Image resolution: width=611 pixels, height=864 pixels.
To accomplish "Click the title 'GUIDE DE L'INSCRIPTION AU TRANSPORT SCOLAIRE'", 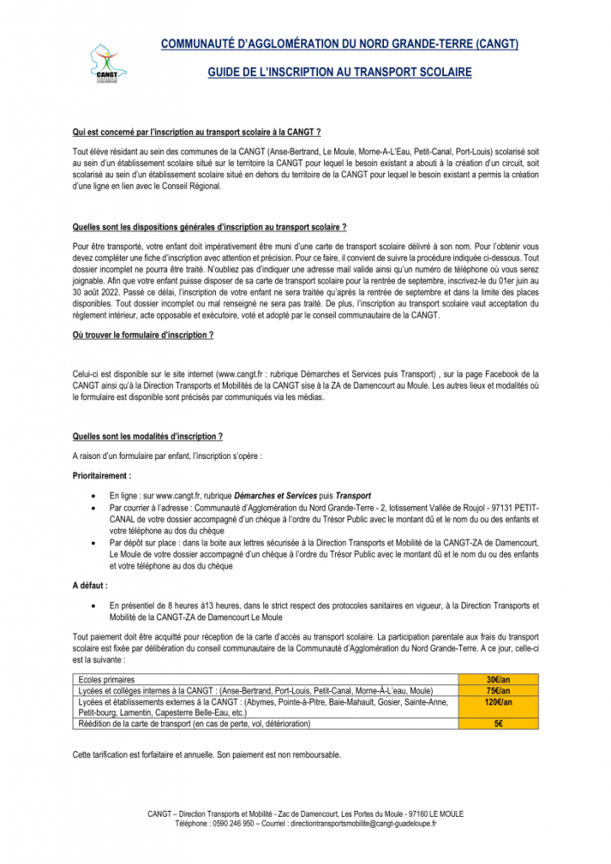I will [339, 73].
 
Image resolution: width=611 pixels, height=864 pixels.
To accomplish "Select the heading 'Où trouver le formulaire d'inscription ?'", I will [143, 335].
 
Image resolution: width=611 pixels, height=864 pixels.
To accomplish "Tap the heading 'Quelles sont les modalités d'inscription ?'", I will [148, 436].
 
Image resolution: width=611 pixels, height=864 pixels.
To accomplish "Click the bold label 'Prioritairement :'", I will [102, 476].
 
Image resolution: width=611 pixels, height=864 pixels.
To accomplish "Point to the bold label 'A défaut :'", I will [89, 584].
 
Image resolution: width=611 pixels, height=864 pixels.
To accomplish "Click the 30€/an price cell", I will [498, 679].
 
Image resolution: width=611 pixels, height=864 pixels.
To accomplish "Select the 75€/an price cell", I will [498, 690].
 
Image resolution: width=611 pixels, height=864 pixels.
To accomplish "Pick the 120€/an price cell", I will [498, 701].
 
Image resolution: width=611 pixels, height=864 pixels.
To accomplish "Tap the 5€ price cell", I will [498, 723].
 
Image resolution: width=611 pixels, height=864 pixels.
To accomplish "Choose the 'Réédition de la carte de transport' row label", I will [194, 723].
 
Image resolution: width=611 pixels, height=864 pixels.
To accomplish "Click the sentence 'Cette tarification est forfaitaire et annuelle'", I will [207, 754].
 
